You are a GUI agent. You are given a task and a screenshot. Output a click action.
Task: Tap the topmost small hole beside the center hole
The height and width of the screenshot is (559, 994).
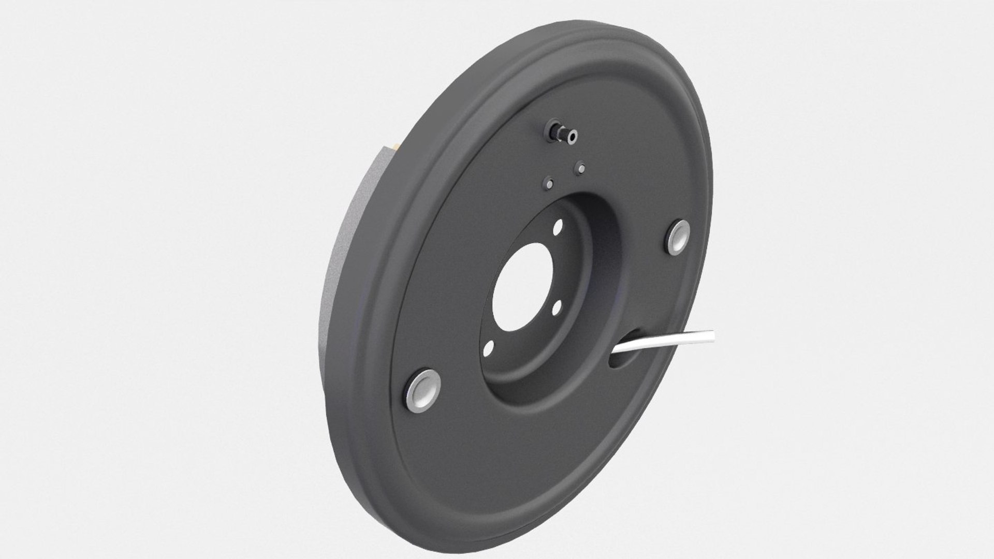[557, 227]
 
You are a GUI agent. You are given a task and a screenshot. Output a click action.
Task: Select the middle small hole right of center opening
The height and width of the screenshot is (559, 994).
[557, 309]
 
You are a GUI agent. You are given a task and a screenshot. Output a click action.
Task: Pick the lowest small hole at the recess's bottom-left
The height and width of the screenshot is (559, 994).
[488, 350]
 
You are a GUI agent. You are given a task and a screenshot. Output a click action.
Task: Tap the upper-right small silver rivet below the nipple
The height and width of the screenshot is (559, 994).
[580, 168]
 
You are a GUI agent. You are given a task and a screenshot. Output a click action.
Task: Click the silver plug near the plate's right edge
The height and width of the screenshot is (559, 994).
[678, 238]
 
